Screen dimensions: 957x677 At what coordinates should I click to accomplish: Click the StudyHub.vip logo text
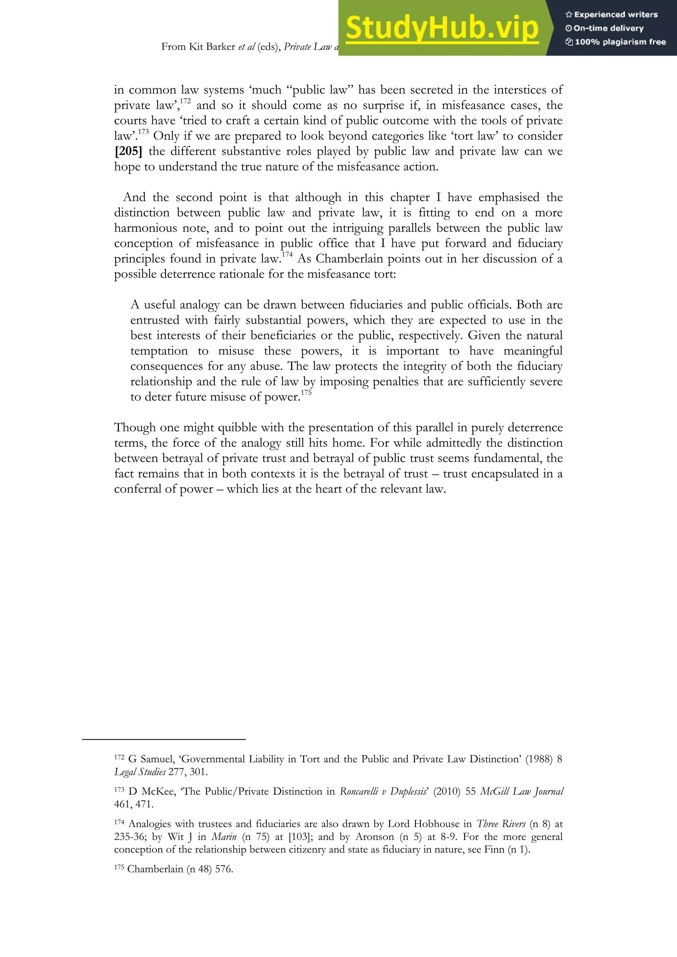pos(442,28)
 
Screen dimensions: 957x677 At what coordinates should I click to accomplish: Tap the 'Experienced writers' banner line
pos(612,15)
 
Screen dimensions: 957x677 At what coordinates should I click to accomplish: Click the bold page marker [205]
pos(128,151)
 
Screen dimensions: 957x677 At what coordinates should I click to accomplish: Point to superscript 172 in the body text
pos(185,101)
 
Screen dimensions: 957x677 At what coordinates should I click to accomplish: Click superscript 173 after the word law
pos(143,132)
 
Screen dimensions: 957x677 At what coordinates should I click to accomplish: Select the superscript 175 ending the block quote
pos(306,393)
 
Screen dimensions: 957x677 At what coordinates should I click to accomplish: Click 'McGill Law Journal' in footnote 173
pos(522,791)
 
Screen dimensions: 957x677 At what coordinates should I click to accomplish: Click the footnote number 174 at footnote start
pos(119,823)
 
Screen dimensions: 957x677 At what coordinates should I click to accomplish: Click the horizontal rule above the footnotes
pos(164,740)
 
